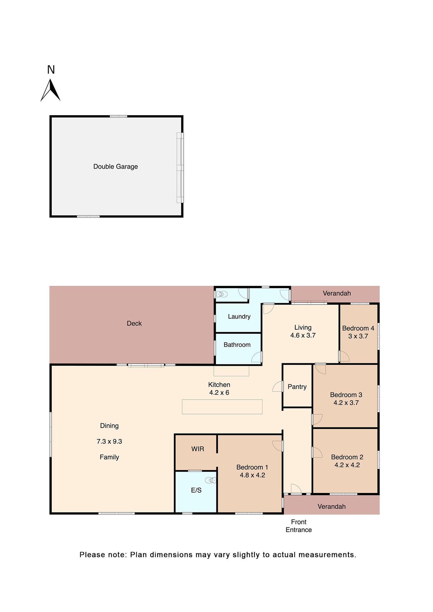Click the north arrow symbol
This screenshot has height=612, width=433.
click(x=50, y=90)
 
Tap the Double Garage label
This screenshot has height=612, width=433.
click(x=116, y=167)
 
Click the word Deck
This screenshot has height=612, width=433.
click(x=134, y=323)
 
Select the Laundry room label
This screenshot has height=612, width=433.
click(x=239, y=316)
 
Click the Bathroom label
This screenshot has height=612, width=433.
click(x=237, y=345)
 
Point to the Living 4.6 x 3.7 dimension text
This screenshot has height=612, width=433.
click(x=303, y=335)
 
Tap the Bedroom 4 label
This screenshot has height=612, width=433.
click(x=358, y=328)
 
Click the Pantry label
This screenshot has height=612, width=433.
click(x=297, y=387)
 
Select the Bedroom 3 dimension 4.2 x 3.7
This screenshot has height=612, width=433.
click(x=346, y=403)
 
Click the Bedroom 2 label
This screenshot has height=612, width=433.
click(x=347, y=457)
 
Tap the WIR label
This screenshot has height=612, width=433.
click(x=198, y=449)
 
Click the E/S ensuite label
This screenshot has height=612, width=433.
click(x=196, y=490)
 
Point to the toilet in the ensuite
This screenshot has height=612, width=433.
click(x=211, y=480)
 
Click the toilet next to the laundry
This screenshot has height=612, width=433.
click(x=222, y=294)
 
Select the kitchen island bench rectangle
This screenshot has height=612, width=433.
click(x=222, y=407)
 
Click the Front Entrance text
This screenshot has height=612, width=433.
click(x=298, y=526)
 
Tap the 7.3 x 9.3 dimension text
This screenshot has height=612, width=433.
click(x=109, y=441)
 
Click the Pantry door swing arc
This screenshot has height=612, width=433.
click(x=277, y=386)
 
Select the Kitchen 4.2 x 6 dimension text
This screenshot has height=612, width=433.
click(x=219, y=393)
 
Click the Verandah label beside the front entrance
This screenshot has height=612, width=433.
click(x=331, y=507)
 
